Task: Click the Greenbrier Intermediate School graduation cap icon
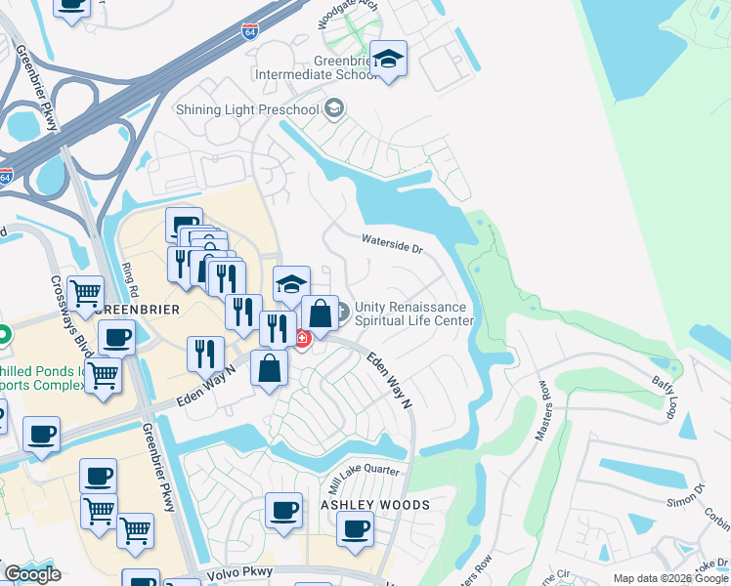click(388, 58)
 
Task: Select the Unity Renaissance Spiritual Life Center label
click(413, 314)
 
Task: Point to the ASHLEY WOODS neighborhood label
click(375, 504)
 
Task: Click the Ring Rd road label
click(126, 278)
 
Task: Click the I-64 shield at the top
click(250, 31)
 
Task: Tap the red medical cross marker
click(301, 340)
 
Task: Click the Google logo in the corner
click(32, 573)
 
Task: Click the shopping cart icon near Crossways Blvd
click(86, 291)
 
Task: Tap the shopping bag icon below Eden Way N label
click(270, 369)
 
